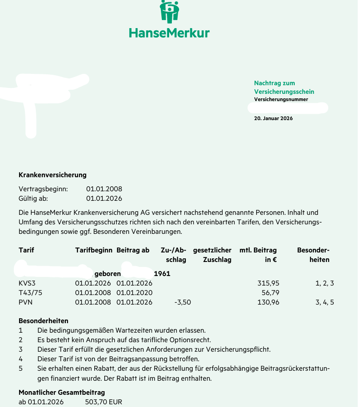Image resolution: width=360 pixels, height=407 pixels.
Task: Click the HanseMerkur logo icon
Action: tap(170, 12)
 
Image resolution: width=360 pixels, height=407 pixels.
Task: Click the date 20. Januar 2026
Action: tap(273, 118)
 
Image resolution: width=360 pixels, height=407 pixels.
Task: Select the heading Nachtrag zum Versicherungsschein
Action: tap(284, 87)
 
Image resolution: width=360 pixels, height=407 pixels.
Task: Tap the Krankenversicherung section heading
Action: tap(52, 175)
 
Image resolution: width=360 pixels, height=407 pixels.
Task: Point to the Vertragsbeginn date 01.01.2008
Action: tap(104, 189)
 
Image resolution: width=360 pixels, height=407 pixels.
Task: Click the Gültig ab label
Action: tap(33, 199)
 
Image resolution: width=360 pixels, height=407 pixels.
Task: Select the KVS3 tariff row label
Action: tap(28, 283)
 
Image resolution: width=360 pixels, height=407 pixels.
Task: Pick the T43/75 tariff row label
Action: tap(30, 293)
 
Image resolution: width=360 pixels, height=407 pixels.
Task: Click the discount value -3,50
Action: tap(182, 302)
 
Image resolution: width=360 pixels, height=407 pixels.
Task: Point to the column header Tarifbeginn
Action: tap(93, 250)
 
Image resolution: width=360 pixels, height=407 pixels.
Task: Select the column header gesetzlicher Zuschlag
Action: tap(212, 255)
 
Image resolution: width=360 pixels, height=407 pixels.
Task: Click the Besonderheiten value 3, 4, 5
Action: tap(325, 302)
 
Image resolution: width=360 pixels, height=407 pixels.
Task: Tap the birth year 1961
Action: tap(162, 274)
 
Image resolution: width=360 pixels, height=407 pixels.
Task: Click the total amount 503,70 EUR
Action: tap(103, 402)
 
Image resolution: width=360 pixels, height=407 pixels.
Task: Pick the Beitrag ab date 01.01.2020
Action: tap(134, 293)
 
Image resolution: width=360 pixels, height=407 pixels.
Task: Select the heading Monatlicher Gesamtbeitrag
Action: tap(62, 392)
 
